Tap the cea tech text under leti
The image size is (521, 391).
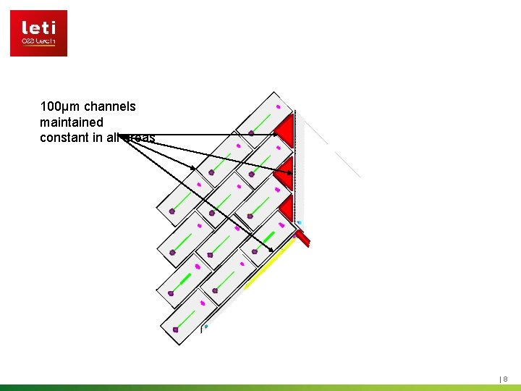[x=38, y=42]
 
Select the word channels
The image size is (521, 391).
[x=109, y=106]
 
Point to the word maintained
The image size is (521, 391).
[x=72, y=122]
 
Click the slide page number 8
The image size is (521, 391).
[x=505, y=379]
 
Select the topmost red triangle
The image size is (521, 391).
[x=284, y=130]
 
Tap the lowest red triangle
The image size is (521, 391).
[x=286, y=209]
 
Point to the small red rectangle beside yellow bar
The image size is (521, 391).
[x=302, y=237]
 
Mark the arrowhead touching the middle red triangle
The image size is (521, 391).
[x=289, y=172]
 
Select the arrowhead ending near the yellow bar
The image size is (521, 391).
[x=271, y=251]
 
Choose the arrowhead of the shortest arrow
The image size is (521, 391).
[x=193, y=169]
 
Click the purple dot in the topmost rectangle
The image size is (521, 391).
[x=251, y=133]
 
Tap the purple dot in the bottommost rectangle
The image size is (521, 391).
[x=175, y=329]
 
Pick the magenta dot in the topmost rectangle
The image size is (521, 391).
[x=278, y=107]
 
